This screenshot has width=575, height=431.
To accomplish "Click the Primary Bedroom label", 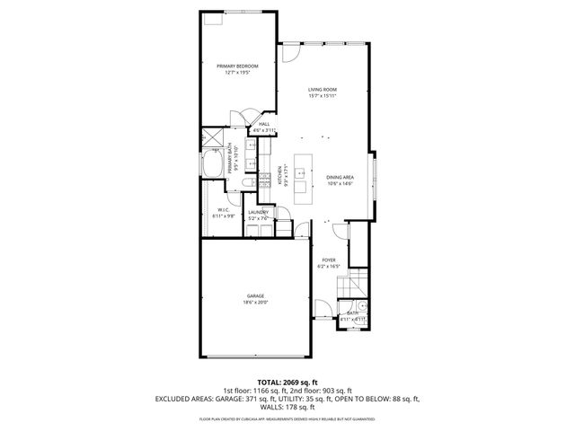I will pos(237,66).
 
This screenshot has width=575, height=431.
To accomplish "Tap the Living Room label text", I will pos(322,90).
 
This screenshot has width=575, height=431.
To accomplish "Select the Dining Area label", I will pos(340,177).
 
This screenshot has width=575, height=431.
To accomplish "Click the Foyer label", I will pos(330,260).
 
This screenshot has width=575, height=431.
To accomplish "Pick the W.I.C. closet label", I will pos(224,209).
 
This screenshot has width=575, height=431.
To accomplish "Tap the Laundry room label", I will pos(259,212).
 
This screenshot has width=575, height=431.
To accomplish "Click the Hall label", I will pos(264,124).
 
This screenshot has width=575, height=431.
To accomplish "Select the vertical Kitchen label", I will pos(281,175).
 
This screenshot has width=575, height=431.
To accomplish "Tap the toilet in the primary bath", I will pos(247,186).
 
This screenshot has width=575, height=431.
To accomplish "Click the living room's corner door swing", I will pos(290,53).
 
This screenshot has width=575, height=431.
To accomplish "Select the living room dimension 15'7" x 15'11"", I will pos(322,96).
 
